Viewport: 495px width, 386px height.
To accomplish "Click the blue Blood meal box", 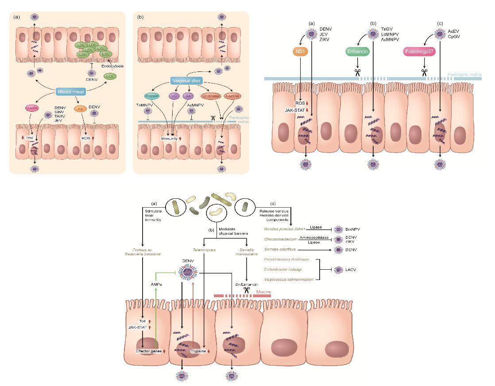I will coord(71,92).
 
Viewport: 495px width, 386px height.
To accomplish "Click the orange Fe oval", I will coord(80,107).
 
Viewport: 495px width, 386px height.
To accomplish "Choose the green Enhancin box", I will coord(357,52).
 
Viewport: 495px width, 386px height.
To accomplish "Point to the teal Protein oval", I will coord(151,95).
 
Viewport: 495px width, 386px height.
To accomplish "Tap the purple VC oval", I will coord(175,95).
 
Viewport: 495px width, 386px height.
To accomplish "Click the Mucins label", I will coord(264,293).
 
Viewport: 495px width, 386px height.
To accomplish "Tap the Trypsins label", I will coord(199,351).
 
